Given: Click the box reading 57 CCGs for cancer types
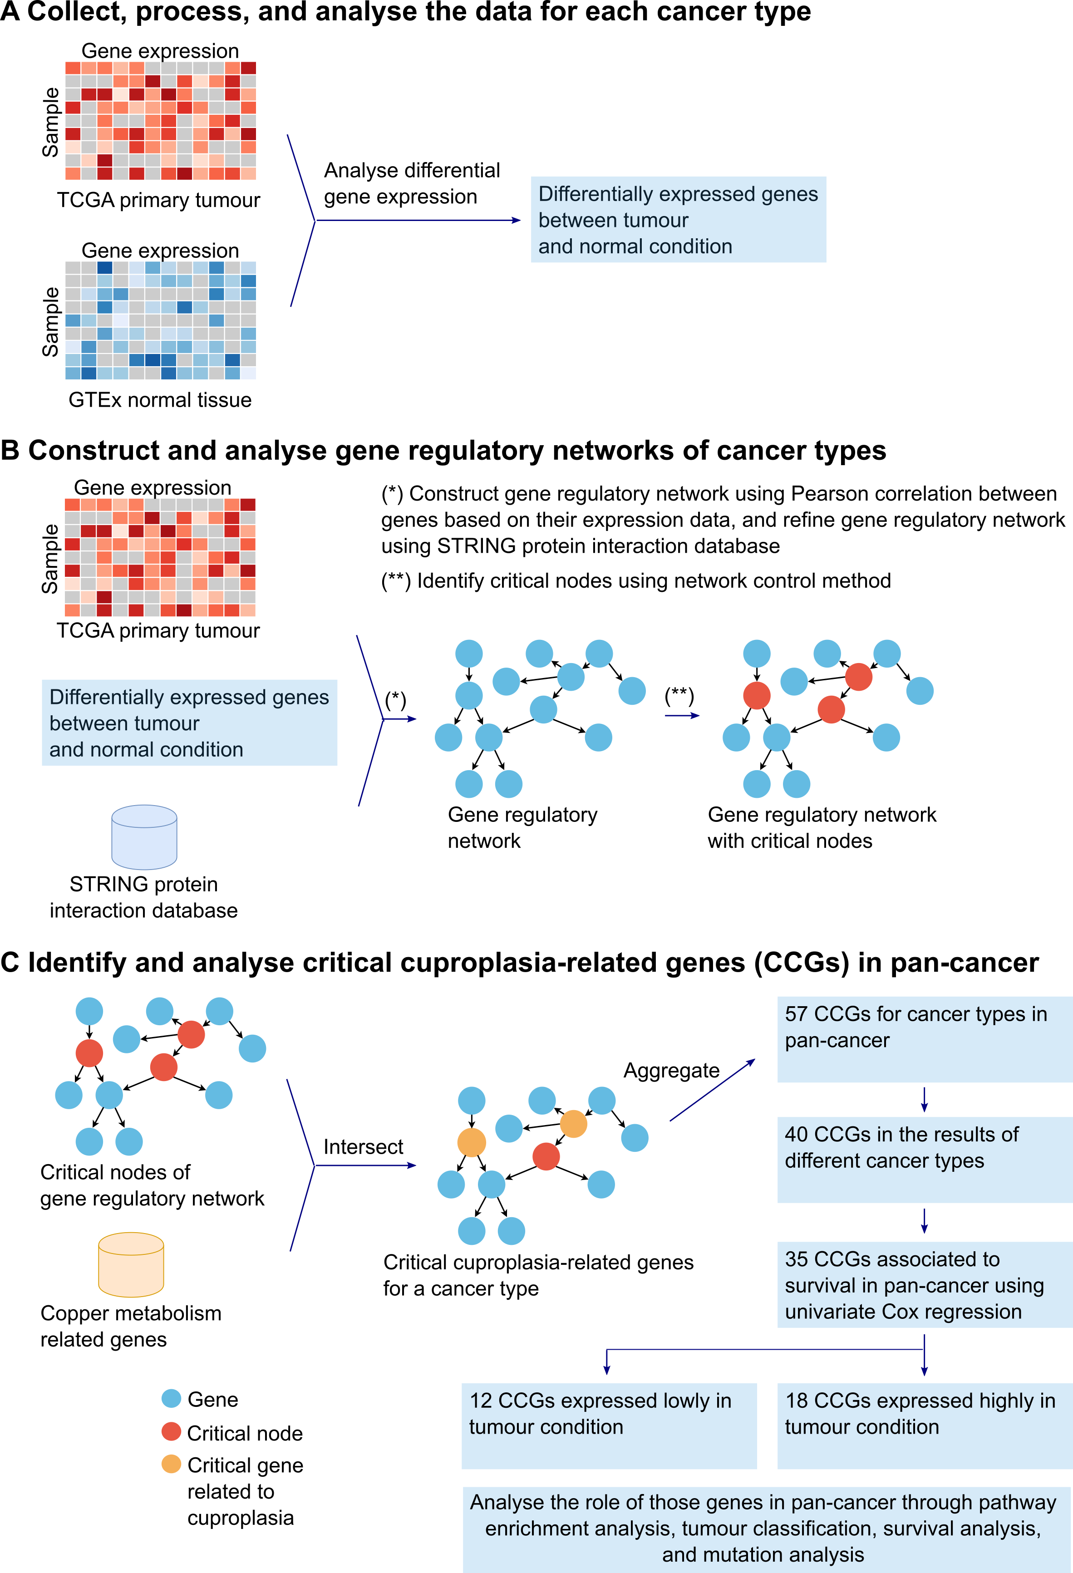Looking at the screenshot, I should [924, 1038].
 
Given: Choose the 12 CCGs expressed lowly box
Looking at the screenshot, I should [609, 1426].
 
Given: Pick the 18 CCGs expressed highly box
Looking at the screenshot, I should [924, 1426].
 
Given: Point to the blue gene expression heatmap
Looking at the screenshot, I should [160, 320].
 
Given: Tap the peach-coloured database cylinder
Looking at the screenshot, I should [131, 1264].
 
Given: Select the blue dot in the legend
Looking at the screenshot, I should [171, 1398].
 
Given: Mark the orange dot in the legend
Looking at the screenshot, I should [171, 1463].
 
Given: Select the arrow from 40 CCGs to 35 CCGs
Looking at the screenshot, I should [924, 1220].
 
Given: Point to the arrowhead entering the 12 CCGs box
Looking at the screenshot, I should [606, 1370].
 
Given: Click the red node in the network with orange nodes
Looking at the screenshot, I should [546, 1156].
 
